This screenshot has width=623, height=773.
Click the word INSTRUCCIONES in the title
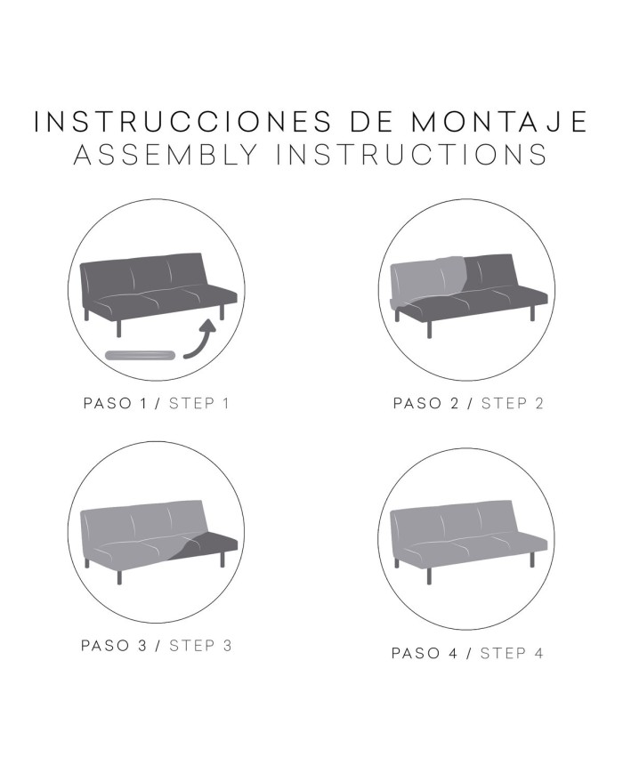click(182, 121)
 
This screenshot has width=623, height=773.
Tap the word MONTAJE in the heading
click(498, 121)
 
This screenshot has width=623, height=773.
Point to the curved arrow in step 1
click(199, 340)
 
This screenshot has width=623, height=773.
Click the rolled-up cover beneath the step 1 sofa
click(141, 354)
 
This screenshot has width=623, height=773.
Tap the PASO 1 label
click(116, 403)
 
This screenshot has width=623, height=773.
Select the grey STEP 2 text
click(512, 403)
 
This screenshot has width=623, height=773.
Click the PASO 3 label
click(114, 645)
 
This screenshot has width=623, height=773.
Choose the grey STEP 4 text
click(512, 653)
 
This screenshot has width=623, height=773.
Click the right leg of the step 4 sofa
click(531, 559)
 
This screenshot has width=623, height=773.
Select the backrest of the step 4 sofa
click(451, 522)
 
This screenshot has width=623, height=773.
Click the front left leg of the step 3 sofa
click(118, 576)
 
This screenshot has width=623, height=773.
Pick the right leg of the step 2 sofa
click(531, 312)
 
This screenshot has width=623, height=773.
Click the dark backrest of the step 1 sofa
click(142, 275)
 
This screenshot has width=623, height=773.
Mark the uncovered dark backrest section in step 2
click(489, 274)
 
